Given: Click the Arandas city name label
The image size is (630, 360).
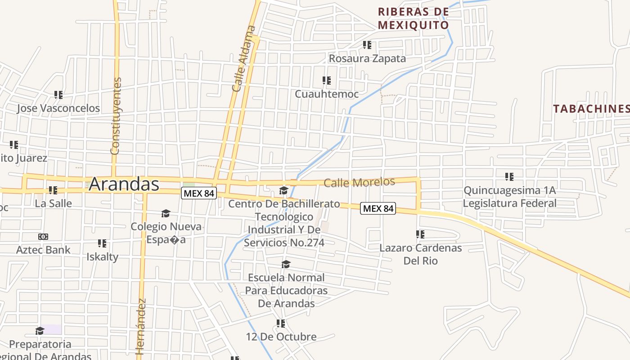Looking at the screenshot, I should (x=124, y=184).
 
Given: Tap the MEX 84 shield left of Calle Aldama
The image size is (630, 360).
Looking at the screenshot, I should (x=199, y=193).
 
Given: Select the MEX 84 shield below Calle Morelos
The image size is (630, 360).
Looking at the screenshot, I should (x=378, y=208).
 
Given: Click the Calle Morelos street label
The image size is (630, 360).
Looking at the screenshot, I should (x=359, y=182).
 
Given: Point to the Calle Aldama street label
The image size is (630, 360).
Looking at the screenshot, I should (x=244, y=59).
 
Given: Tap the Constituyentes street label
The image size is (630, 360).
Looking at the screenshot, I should (x=116, y=116).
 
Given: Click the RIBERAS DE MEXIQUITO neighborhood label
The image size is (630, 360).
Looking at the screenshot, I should (x=414, y=18).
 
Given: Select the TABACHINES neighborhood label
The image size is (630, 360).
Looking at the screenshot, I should (x=591, y=108).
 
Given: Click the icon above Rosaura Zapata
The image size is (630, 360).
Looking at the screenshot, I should (x=367, y=45).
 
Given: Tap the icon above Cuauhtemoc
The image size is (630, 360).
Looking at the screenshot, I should (x=327, y=81).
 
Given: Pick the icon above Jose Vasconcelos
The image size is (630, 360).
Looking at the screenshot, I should (x=58, y=95).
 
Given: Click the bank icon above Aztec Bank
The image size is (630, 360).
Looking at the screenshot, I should (x=43, y=237).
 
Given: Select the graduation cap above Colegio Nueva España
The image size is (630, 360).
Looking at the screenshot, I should (x=166, y=213).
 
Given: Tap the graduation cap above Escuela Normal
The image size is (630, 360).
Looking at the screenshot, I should (x=286, y=264).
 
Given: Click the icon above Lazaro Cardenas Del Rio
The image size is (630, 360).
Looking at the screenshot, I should (x=420, y=234).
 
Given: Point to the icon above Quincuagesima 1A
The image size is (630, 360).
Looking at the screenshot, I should (x=509, y=177).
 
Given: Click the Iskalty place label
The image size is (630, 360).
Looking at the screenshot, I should (x=102, y=257).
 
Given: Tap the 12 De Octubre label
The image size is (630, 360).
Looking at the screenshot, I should (x=281, y=337).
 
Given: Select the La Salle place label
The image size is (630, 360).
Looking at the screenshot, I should (x=53, y=203).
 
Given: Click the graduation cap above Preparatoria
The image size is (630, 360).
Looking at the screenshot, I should (x=40, y=331).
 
